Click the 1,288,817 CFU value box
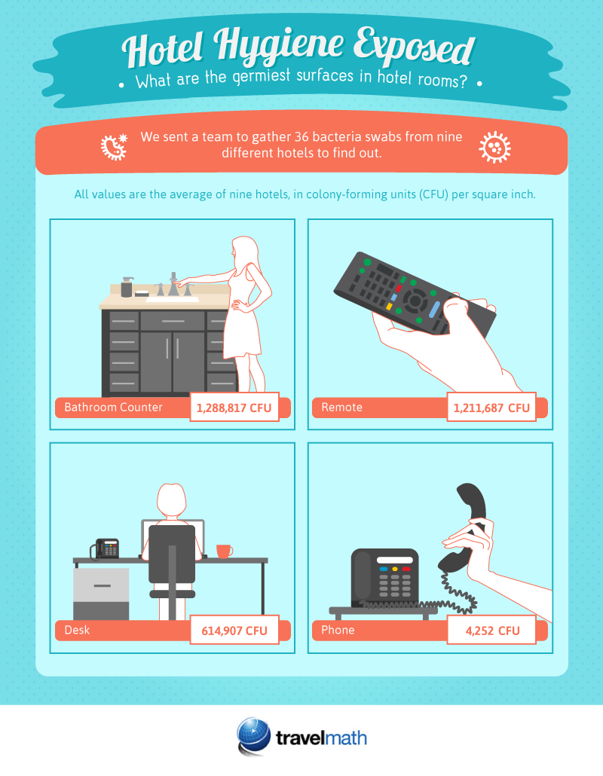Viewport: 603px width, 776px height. coord(234,407)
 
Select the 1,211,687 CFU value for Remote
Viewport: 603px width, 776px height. coord(491,408)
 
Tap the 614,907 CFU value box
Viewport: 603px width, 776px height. coord(234,630)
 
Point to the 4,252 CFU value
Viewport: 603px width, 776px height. coord(491,630)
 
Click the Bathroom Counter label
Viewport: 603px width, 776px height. coord(113,408)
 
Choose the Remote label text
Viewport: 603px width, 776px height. coord(342,408)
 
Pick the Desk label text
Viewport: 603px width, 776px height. coord(77,630)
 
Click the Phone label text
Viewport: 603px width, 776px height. coord(338,630)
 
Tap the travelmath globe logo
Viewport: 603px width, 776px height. coord(253,736)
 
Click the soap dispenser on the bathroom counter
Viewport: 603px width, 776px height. coord(127,286)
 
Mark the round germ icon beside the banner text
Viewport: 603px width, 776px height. coord(494,147)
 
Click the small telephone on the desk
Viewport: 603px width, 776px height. coord(105,548)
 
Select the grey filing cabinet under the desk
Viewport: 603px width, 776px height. coord(101,594)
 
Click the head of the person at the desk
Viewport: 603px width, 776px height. coord(171,500)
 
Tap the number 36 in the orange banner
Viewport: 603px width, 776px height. coord(301,136)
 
